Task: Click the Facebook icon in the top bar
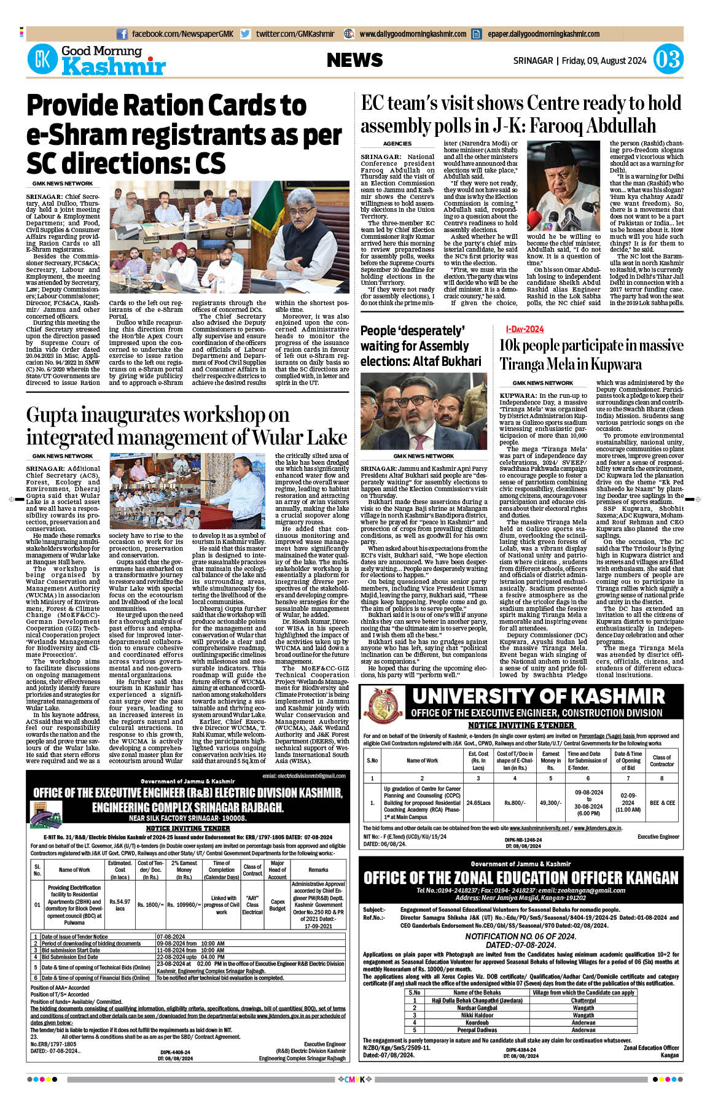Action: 122,34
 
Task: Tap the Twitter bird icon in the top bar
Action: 245,34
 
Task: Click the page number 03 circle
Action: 668,60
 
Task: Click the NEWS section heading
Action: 354,60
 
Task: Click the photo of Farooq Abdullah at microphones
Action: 564,185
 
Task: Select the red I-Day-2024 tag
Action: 525,330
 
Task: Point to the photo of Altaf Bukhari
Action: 423,411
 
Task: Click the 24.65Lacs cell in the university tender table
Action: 478,802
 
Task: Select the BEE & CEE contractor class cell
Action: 662,802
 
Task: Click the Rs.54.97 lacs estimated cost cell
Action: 120,905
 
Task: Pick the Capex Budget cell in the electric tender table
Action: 278,905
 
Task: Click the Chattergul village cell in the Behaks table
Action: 583,1001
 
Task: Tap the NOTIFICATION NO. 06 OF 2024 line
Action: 520,936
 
